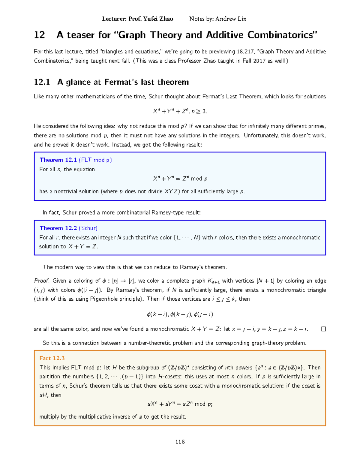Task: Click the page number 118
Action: coord(180,442)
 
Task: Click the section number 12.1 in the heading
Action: coord(42,82)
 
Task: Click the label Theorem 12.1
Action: coord(58,160)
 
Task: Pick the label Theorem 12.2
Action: coord(58,228)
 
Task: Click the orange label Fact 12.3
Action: coord(52,358)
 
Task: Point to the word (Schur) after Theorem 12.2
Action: coord(88,228)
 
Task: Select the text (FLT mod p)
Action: coord(95,160)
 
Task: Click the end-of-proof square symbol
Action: coord(323,329)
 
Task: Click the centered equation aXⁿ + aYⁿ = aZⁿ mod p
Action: coord(180,404)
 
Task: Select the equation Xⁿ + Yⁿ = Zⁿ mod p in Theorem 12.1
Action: coord(180,179)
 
